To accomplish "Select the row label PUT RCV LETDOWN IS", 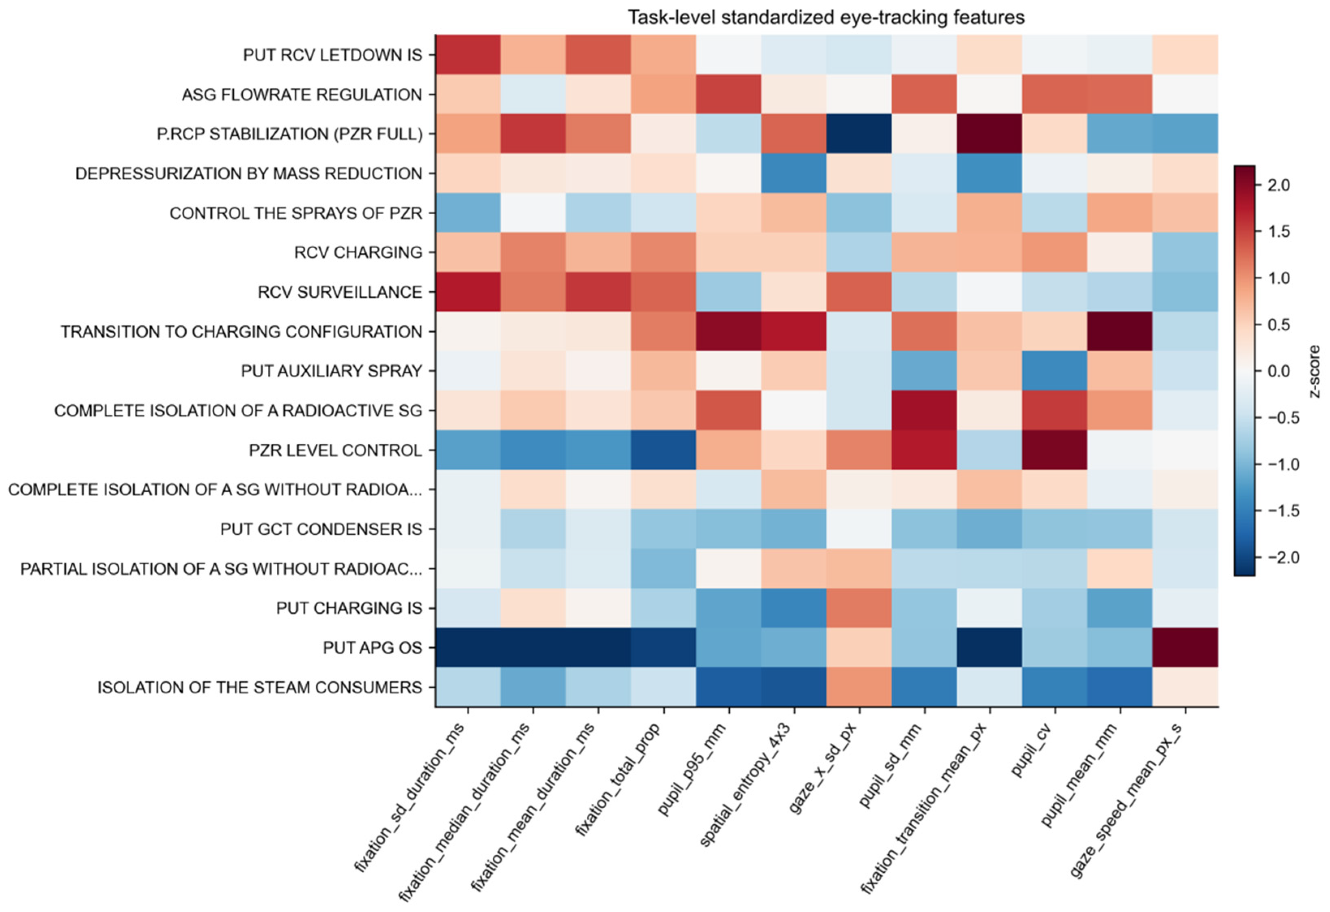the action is (x=332, y=55).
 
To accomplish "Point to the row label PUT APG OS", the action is (x=373, y=647).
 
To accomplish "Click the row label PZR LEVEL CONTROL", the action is (x=335, y=450).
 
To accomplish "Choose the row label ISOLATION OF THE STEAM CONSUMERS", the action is (x=260, y=687).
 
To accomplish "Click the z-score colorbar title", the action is (x=1315, y=371).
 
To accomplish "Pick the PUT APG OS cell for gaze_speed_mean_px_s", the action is (x=1185, y=647).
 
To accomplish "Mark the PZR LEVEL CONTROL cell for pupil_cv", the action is (x=1055, y=450).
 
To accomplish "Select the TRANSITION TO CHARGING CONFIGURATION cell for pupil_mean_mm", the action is (x=1120, y=331).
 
